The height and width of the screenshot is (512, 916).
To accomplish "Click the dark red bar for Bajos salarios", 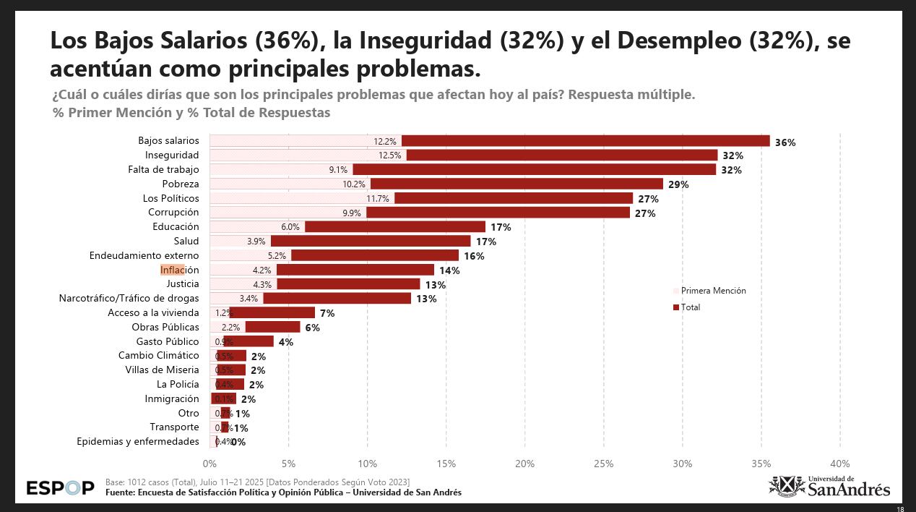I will coord(585,141).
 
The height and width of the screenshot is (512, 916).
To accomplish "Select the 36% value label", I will coord(785,142).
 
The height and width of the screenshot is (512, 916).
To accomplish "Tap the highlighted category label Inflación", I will coord(179,270).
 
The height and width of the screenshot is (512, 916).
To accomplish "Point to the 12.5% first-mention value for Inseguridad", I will coord(389,155).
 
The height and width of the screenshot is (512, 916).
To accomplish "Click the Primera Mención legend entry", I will coord(712,291).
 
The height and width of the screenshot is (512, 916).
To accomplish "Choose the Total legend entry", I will coord(689,307).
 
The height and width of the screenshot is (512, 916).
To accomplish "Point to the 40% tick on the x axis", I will coord(839,463).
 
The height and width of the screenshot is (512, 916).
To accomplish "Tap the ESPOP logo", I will coord(60,488).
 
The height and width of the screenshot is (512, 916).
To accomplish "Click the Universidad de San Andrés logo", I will coord(829,486).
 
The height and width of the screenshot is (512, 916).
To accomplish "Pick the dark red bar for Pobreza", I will coord(517,184).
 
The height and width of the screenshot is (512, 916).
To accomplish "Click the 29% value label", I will coord(678,185).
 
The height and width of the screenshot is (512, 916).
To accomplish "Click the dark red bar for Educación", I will coord(394,226).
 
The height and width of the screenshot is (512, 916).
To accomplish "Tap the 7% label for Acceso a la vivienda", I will coord(327,313).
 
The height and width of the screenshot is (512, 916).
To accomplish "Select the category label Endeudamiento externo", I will coord(144,255).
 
